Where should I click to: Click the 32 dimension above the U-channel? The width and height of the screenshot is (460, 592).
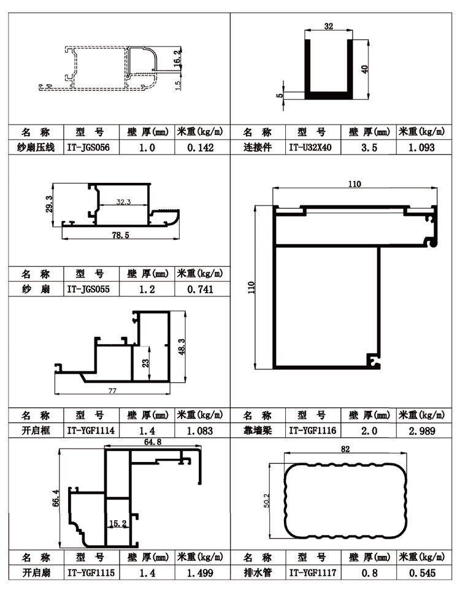(329, 26)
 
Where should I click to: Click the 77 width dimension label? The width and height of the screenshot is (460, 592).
(112, 390)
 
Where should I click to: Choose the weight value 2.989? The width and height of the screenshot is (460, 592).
(422, 431)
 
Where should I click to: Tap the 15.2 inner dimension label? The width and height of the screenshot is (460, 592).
(117, 523)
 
